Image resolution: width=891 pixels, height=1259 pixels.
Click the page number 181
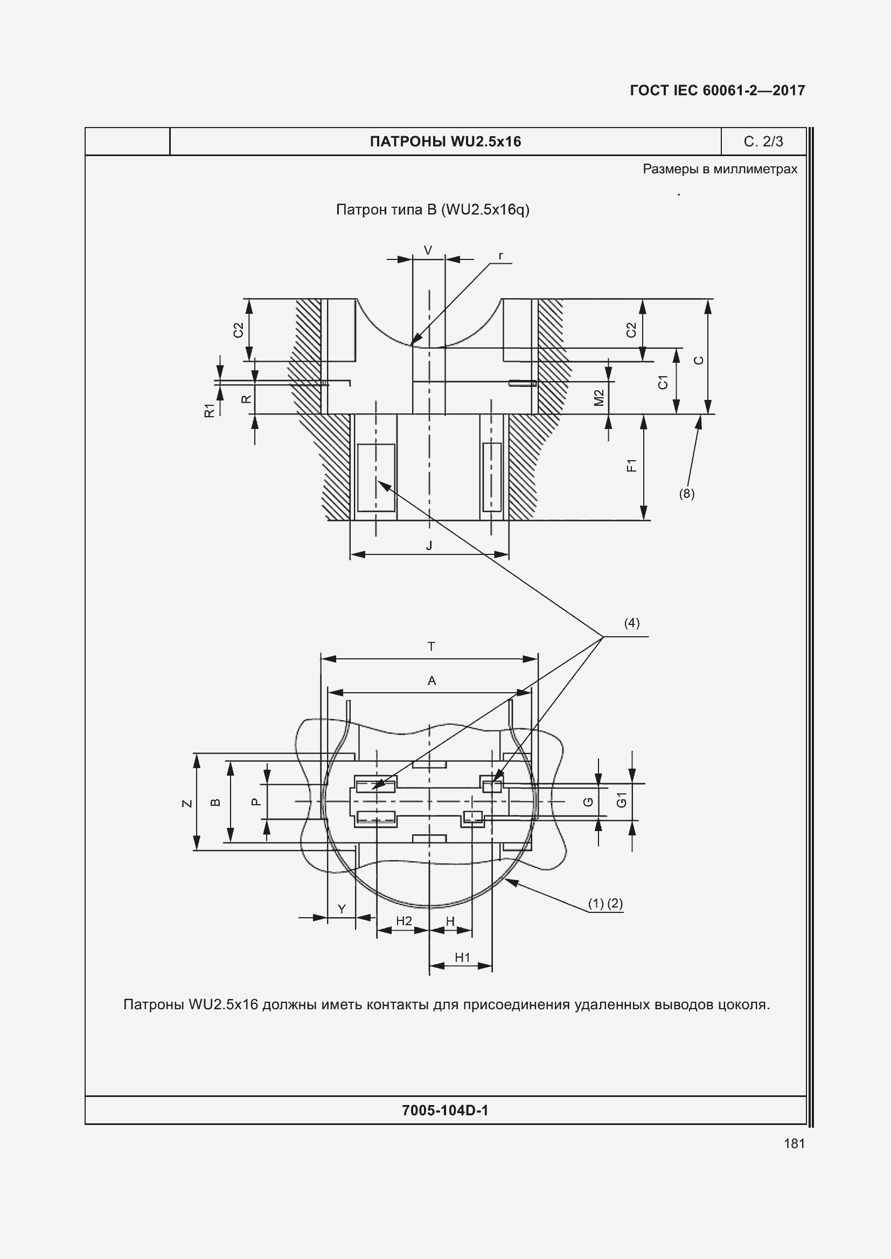(795, 1143)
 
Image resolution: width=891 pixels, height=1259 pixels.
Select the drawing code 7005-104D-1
(445, 1110)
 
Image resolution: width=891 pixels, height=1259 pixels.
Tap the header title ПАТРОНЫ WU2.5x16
(445, 142)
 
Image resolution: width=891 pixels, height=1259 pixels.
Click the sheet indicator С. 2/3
(763, 142)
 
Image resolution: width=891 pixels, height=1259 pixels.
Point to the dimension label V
(428, 251)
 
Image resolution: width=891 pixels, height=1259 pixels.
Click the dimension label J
(429, 546)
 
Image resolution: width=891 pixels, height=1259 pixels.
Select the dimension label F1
(631, 466)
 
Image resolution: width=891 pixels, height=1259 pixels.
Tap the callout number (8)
(686, 494)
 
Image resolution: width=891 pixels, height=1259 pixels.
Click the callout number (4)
(631, 623)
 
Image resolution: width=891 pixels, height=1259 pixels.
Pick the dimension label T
(431, 646)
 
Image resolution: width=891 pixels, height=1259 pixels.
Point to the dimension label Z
(187, 803)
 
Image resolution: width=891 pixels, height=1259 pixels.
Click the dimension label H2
(404, 920)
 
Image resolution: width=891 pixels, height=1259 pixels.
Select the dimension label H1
(463, 958)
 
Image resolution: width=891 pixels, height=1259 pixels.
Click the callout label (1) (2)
(605, 903)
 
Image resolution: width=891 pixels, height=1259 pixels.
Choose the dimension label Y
(341, 909)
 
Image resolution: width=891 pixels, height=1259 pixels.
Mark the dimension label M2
(598, 398)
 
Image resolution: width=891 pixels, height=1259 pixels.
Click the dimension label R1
(209, 410)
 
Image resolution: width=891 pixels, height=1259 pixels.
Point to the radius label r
(501, 256)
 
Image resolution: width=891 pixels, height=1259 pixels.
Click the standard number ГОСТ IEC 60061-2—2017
(718, 90)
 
